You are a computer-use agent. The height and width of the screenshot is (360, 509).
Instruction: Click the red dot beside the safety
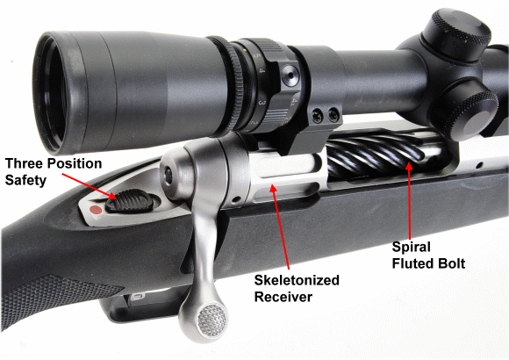coord(96,210)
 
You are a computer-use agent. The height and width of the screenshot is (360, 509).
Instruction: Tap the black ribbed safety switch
coord(129,201)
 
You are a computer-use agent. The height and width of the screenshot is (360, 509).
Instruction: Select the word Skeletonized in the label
coord(297,280)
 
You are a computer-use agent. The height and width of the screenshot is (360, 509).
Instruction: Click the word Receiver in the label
coord(283,297)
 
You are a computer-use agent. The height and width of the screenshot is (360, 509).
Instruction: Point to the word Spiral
coord(412,248)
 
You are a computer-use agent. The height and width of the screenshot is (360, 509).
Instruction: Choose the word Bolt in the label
coord(452,263)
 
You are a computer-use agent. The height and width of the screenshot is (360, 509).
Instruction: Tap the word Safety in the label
coord(25,181)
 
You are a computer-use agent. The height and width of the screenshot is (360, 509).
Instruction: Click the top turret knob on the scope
coord(458,32)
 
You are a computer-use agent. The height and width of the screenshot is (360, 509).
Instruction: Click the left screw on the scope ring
coord(317,116)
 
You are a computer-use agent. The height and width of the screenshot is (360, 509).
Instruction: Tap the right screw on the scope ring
coord(333,115)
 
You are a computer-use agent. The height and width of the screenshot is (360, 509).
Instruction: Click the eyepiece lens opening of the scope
coord(52,92)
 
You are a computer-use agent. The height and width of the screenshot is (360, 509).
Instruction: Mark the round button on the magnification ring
coord(290,76)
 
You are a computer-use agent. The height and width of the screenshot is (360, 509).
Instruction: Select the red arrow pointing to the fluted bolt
coord(410,200)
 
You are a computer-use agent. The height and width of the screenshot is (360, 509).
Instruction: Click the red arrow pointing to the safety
coord(89,186)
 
